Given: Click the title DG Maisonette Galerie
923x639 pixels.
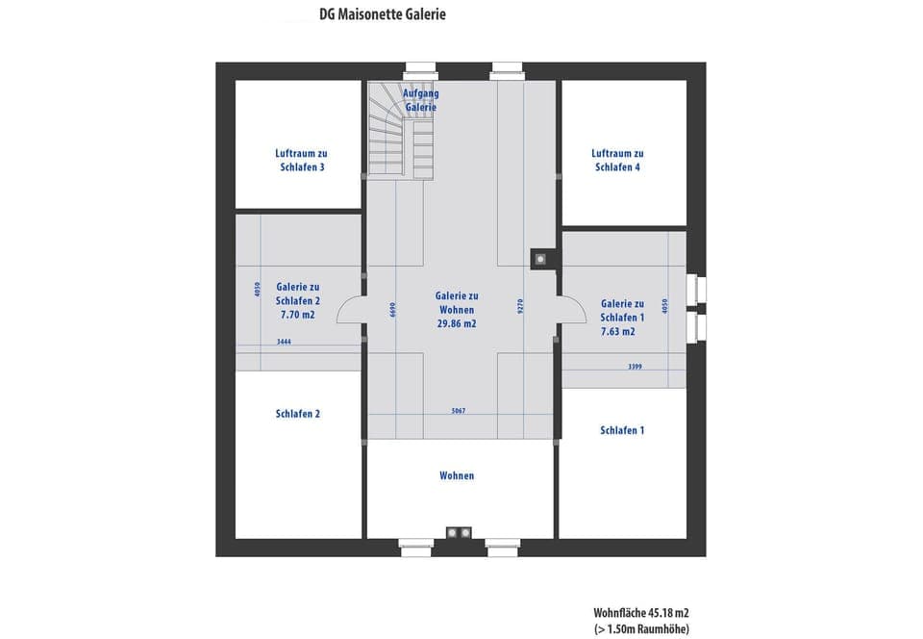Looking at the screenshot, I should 382,14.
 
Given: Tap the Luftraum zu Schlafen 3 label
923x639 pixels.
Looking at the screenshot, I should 300,160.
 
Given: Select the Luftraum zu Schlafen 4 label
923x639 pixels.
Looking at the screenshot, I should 617,160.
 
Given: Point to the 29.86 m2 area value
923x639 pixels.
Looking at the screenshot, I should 457,324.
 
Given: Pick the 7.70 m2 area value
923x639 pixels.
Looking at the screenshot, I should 298,315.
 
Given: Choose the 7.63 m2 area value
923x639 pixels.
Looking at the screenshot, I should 617,332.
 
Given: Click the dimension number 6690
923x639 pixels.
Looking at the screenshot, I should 393,309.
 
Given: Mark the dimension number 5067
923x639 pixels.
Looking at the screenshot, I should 458,411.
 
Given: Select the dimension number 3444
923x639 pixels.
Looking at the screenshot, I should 284,342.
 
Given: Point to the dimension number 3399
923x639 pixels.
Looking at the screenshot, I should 635,366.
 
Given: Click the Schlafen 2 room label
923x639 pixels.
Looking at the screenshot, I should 298,414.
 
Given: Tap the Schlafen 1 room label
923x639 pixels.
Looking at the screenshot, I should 621,430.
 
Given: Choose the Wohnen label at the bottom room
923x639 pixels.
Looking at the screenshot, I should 457,475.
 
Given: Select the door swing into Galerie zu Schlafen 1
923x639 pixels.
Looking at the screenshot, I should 572,309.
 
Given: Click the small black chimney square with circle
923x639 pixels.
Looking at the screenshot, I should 541,258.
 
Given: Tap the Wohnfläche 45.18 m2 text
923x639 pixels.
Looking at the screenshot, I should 640,612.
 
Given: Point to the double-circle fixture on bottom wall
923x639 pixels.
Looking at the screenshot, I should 458,532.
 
